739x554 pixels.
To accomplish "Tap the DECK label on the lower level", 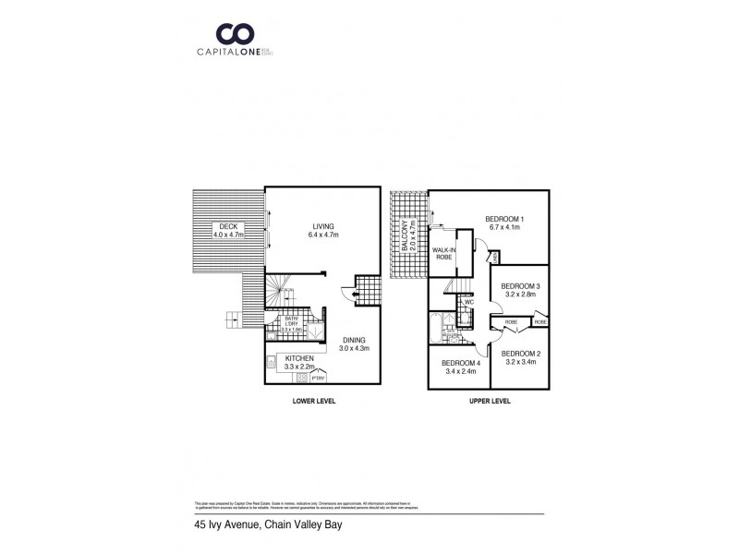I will [224, 226].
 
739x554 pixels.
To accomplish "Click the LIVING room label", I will [322, 226].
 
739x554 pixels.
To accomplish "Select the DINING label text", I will [352, 340].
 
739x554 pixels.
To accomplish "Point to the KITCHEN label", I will [299, 358].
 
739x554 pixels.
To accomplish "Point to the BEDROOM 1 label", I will [503, 220].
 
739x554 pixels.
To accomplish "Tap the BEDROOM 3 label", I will [520, 286].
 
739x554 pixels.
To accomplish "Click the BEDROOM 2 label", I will [520, 353].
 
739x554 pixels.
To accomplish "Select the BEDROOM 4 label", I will [458, 363].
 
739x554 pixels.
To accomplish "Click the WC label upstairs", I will [469, 301].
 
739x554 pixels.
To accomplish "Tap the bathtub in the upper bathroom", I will [436, 328].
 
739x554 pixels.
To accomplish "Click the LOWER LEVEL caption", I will [313, 403].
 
